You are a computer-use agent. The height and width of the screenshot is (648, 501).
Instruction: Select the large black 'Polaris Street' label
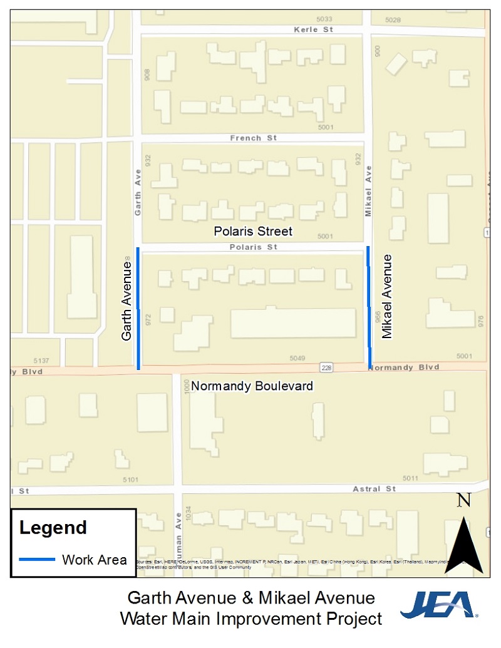253,232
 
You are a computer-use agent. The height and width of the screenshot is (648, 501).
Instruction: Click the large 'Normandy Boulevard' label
252,386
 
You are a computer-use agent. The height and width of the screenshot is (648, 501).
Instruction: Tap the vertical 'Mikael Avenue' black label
387,296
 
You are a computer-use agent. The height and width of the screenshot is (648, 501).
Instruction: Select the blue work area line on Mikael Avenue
368,307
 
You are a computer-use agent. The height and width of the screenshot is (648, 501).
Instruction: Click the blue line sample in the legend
37,559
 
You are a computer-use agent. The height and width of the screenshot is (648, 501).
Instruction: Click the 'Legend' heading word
53,528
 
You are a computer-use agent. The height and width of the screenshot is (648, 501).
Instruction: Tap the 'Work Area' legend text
94,560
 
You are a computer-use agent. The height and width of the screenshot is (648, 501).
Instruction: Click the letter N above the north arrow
463,500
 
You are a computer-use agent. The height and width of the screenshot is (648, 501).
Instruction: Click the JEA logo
438,604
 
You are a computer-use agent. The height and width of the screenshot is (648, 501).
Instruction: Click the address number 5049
297,358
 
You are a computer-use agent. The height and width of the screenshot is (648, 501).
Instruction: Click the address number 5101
130,480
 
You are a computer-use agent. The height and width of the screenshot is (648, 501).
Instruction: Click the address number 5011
410,479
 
